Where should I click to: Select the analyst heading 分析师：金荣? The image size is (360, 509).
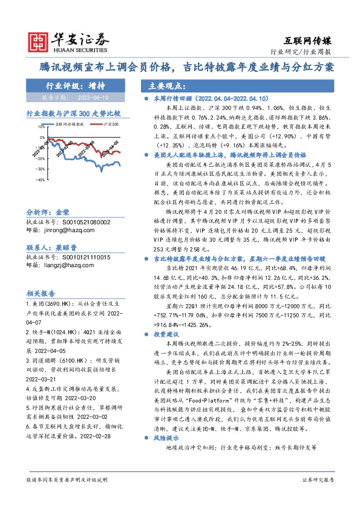pos(48,213)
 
